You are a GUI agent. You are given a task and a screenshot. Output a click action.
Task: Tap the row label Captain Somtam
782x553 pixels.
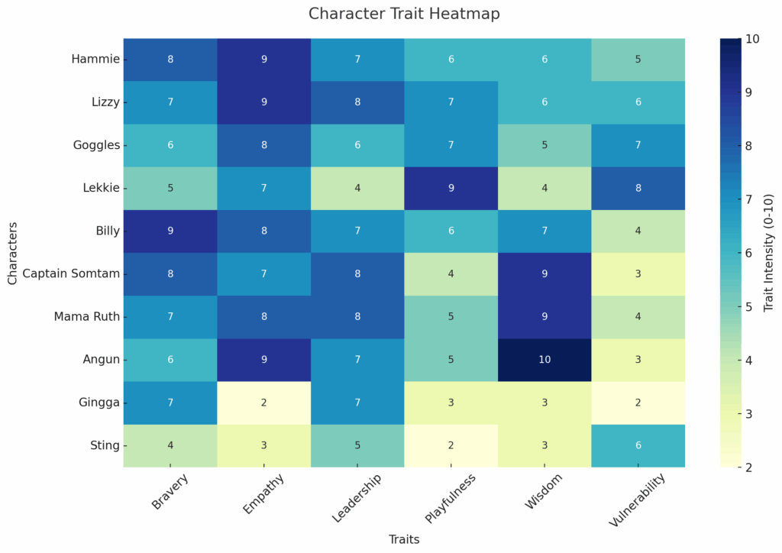(72, 273)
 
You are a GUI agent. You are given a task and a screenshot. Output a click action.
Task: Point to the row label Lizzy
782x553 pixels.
(105, 102)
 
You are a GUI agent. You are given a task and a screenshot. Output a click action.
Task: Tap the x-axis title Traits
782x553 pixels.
(404, 539)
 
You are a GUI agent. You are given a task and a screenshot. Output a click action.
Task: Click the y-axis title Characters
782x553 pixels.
(12, 252)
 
